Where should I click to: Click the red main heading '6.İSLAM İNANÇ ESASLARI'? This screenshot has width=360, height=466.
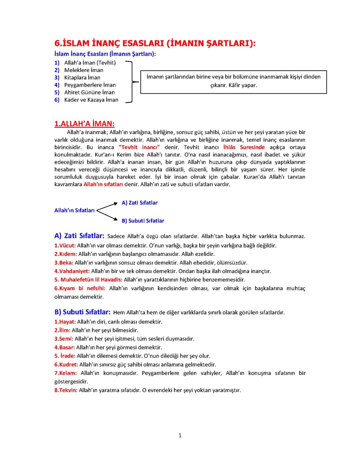point(155,43)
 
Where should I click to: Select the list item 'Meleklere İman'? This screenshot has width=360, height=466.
point(84,70)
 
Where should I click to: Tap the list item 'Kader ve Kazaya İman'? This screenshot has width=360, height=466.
point(91,100)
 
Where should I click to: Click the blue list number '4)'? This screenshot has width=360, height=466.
point(57,85)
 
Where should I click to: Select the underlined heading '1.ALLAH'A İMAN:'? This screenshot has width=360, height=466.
point(84,124)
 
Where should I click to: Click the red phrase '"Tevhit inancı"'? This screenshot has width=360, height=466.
point(139,147)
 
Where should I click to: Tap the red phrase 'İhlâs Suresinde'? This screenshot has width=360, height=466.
point(244,147)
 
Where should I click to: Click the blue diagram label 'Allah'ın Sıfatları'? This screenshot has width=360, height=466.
point(74,210)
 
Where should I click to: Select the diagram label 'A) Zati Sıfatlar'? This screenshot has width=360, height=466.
point(139,203)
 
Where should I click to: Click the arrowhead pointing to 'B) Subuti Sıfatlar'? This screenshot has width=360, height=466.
point(115,219)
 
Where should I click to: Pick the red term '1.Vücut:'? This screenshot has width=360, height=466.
point(65,246)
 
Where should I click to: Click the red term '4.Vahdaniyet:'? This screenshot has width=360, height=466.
point(72,271)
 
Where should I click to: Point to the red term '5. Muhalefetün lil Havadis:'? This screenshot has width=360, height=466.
point(88,280)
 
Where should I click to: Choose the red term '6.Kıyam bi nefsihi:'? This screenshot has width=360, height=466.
point(80,288)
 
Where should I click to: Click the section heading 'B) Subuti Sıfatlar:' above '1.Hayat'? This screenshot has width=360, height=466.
point(82,312)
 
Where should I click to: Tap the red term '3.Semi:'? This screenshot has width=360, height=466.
point(64,339)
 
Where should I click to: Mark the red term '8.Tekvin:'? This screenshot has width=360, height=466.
point(66,390)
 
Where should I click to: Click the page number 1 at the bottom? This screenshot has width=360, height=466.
point(180,435)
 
